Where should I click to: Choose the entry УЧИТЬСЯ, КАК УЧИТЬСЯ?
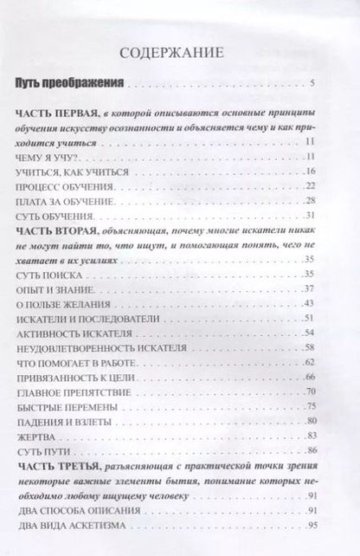pyautogui.click(x=72, y=172)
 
